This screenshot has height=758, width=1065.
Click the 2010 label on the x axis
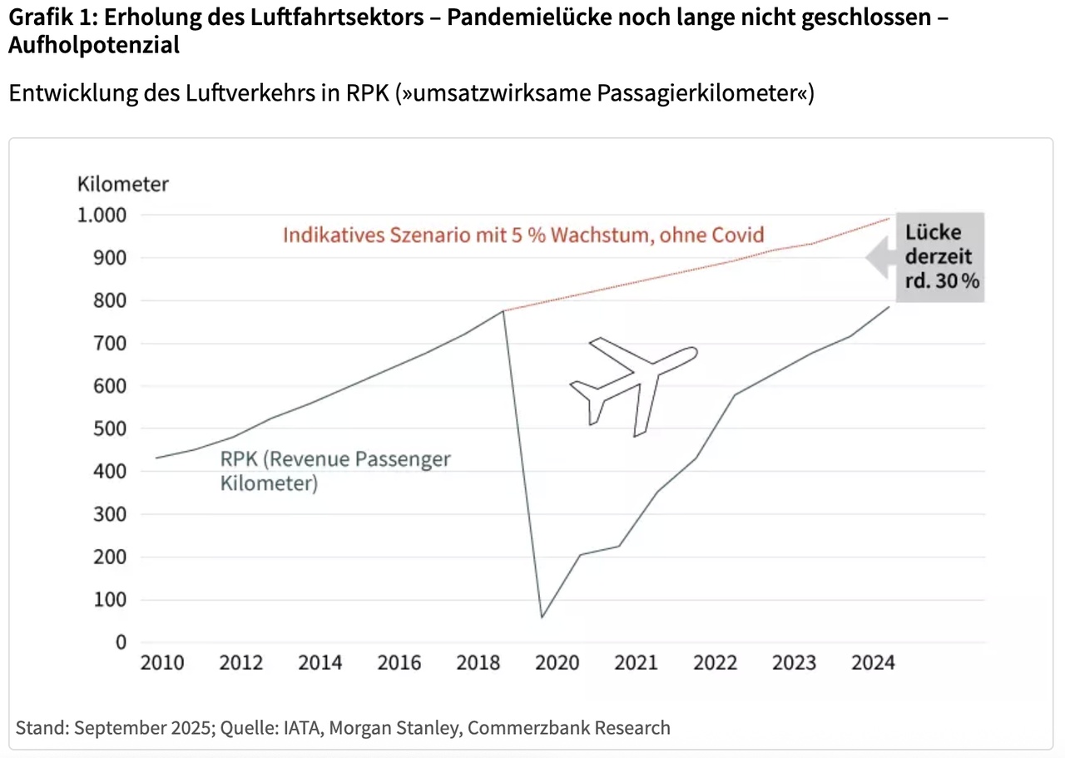[162, 663]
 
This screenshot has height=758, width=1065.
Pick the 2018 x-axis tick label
[478, 663]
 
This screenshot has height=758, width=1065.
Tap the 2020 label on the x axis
[557, 663]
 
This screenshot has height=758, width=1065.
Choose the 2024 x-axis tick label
[874, 663]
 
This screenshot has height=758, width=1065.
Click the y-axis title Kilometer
[123, 184]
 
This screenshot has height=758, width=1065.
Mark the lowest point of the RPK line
[542, 617]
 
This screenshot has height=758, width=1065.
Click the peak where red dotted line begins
[503, 311]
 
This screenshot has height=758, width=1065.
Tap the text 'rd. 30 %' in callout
[943, 280]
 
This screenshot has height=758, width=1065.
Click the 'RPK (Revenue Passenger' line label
[335, 459]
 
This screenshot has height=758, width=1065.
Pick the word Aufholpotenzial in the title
[94, 46]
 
